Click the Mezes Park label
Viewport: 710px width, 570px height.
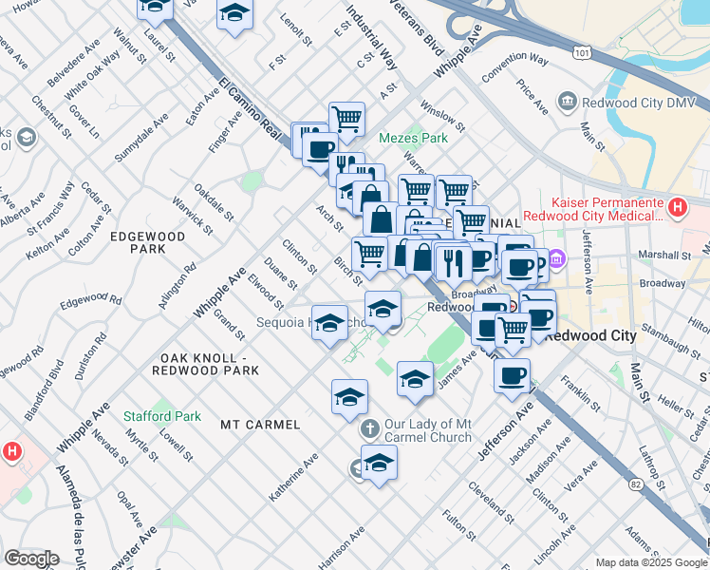tap(413, 138)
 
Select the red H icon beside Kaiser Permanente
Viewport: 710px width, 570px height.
tap(677, 206)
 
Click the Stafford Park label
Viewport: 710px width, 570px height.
tap(161, 416)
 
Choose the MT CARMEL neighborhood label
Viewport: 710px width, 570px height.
tap(260, 424)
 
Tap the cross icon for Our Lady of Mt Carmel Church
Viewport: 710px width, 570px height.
tap(370, 429)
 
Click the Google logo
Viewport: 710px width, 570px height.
tap(32, 558)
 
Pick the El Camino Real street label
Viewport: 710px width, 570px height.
tap(253, 106)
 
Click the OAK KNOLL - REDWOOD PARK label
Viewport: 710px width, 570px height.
tap(205, 363)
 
